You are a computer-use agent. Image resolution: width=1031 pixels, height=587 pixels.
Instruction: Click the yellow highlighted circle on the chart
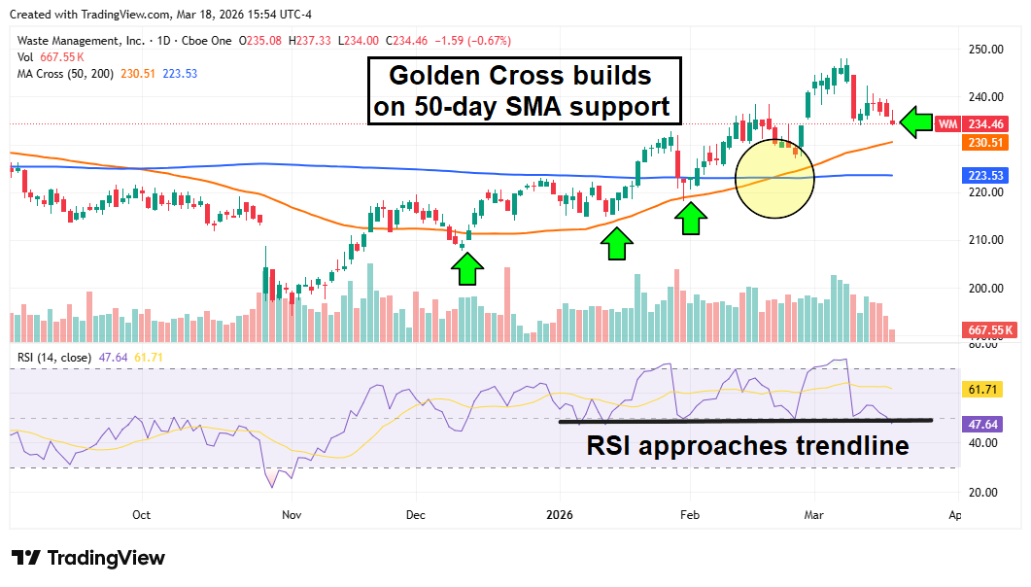(x=774, y=178)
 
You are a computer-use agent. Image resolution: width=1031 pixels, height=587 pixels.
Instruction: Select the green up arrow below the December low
(x=467, y=268)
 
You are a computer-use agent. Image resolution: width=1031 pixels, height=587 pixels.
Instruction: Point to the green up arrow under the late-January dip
(x=691, y=220)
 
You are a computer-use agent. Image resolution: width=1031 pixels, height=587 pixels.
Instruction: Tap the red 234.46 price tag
(x=983, y=124)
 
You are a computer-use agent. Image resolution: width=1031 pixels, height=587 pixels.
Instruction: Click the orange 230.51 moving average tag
(x=983, y=143)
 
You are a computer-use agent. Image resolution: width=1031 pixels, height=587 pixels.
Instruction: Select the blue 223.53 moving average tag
(x=983, y=176)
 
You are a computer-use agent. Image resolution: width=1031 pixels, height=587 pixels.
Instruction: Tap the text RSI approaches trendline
(x=747, y=446)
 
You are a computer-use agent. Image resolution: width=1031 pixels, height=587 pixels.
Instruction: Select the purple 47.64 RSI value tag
(x=983, y=425)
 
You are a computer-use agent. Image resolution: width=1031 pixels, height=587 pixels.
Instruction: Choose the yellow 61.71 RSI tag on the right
(x=983, y=390)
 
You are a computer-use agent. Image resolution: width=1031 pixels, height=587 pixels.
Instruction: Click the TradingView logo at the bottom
(x=88, y=558)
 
